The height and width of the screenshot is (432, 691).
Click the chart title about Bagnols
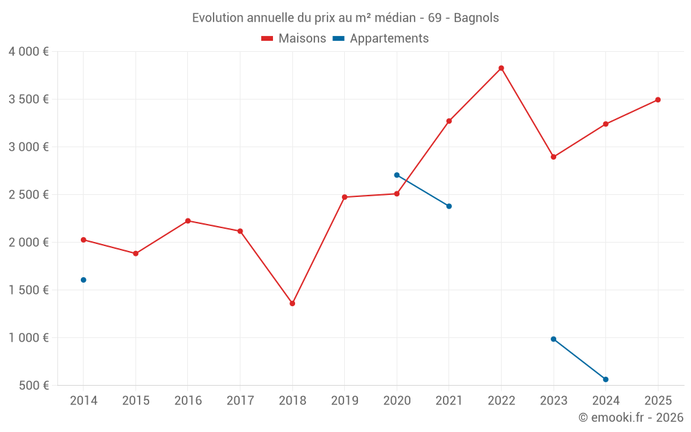345,17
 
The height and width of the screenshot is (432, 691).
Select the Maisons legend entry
294,38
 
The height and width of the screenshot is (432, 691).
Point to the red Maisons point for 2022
501,68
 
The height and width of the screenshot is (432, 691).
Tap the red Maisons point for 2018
292,303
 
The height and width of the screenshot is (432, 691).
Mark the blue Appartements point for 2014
84,280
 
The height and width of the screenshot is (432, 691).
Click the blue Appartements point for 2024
605,379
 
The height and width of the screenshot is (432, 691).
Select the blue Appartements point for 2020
397,175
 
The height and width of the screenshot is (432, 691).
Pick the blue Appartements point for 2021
449,206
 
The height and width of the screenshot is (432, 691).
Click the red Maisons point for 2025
658,100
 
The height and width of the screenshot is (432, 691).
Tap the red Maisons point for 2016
188,220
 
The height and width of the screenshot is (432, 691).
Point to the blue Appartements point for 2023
553,339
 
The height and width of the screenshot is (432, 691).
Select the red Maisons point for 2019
345,197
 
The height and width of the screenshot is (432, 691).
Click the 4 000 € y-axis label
28,51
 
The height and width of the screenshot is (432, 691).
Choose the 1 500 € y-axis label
28,290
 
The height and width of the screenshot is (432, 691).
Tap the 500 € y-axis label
33,385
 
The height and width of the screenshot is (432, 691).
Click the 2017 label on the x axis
240,401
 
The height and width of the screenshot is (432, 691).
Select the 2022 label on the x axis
501,401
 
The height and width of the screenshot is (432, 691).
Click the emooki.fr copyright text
630,417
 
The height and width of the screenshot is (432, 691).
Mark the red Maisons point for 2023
553,157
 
